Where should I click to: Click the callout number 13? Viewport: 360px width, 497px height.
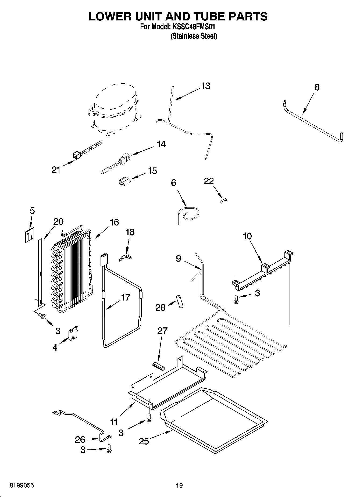pos(205,86)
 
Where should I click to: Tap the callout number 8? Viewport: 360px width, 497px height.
pos(317,87)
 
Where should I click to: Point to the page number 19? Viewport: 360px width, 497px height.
pos(179,485)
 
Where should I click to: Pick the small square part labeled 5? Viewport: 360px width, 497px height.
pos(29,235)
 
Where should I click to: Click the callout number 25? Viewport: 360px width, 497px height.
pos(144,441)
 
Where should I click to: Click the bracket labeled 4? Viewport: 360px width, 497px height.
pos(73,333)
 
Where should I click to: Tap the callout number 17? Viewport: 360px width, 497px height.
pos(126,298)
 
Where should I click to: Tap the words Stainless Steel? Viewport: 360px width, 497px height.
pos(194,36)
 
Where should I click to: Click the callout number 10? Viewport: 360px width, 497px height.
pos(247,236)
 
